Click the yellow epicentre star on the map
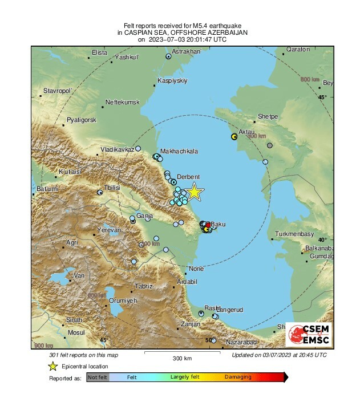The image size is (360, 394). tap(195, 192)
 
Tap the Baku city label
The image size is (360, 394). tap(219, 225)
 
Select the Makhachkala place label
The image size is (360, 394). tap(179, 151)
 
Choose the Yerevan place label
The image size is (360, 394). tap(109, 230)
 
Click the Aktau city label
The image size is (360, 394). tap(246, 132)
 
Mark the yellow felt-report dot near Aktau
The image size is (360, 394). tap(234, 137)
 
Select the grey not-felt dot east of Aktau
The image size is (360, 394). tap(270, 145)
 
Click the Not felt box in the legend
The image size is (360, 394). tap(97, 377)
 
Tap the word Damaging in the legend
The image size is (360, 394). tap(237, 377)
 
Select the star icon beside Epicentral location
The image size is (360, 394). tap(53, 366)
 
